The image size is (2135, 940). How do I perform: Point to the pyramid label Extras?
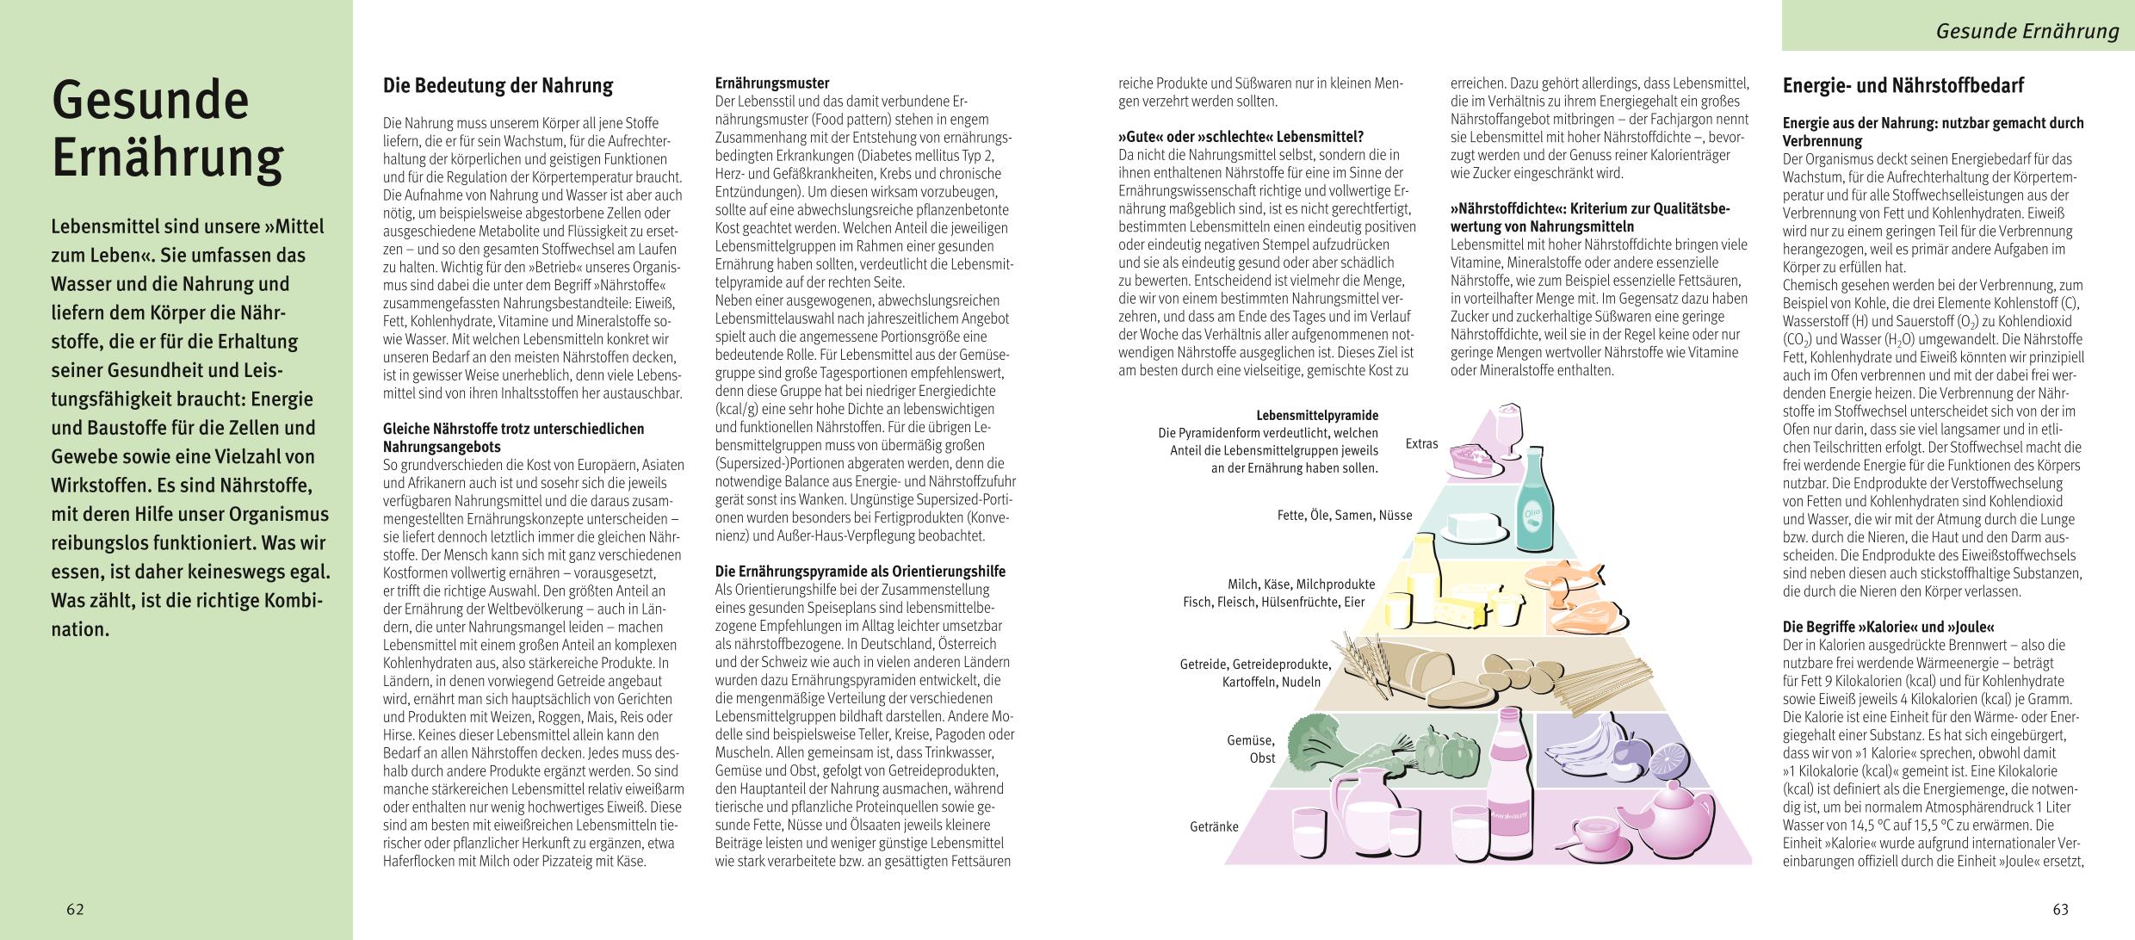tap(1421, 444)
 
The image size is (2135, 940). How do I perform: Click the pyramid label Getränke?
tap(1214, 826)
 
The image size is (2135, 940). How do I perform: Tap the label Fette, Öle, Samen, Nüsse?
tap(1345, 515)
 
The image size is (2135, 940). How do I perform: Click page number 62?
tap(76, 909)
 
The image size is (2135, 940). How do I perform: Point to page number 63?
tap(2060, 909)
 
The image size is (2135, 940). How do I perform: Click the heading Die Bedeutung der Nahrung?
tap(498, 86)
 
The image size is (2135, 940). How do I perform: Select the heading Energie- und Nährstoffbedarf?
tap(1903, 86)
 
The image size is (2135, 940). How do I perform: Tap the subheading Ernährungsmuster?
tap(772, 83)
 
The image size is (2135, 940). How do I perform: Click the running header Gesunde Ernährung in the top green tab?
tap(2027, 32)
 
